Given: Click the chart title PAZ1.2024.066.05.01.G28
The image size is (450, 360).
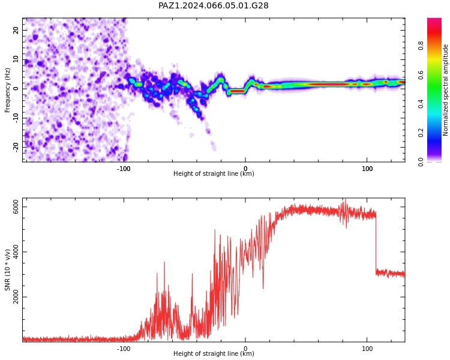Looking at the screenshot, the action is point(214,5).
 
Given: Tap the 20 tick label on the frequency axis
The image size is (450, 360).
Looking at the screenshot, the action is point(16,30).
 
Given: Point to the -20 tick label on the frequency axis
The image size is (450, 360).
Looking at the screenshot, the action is point(16,147).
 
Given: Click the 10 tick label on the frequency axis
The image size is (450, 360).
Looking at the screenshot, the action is point(16,59).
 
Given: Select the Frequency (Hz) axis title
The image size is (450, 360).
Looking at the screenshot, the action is point(7,90).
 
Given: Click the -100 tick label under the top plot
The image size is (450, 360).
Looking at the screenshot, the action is point(124,169).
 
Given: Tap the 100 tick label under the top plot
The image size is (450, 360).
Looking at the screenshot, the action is point(367,169).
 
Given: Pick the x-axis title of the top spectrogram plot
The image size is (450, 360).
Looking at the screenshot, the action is point(214,173).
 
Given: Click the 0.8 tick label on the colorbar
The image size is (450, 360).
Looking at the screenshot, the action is point(421,46).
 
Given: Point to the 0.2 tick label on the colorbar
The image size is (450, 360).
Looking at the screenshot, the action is point(421,133).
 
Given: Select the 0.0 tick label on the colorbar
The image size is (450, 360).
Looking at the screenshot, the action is point(421,162).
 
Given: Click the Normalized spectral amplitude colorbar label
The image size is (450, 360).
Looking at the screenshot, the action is point(445,90).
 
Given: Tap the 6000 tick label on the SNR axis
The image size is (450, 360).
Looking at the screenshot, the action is point(16,207).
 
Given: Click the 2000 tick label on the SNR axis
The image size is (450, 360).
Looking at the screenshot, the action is point(16,297).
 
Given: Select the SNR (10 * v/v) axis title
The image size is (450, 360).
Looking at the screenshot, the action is point(7,270).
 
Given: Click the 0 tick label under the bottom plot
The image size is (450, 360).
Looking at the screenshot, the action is point(245,349).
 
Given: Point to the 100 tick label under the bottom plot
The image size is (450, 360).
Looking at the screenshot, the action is point(367,349).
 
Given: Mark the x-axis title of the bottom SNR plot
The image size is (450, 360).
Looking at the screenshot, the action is point(214,353).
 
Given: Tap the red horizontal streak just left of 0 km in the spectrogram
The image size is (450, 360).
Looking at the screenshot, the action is point(238,91).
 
